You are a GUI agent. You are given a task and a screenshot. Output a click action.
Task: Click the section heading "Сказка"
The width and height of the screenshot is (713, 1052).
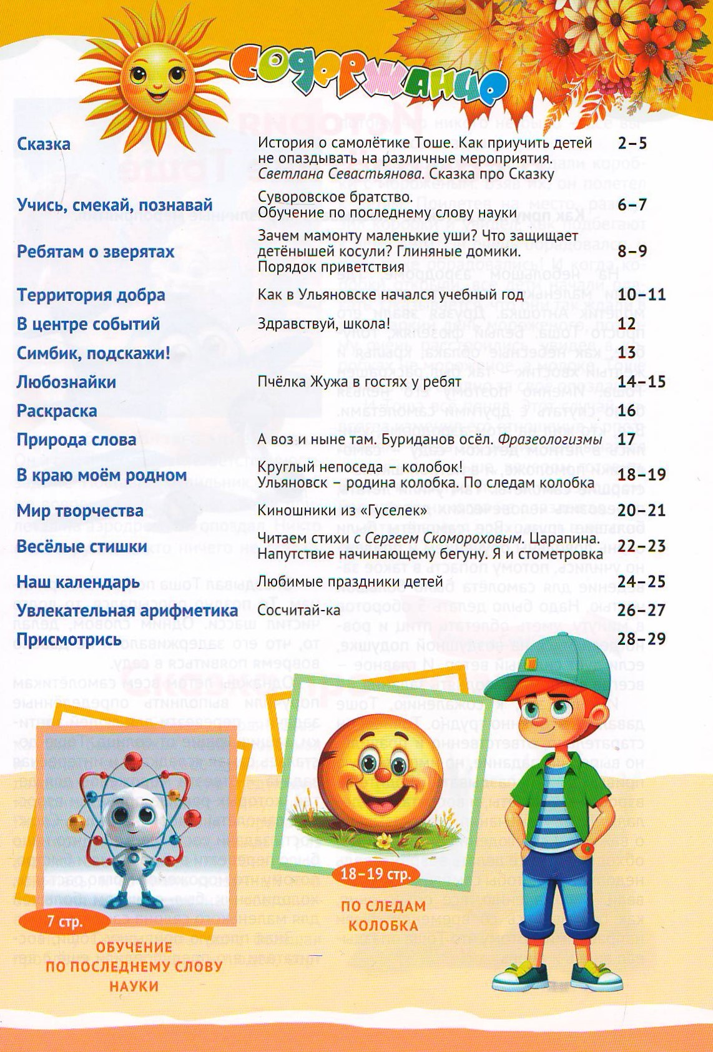tap(44, 144)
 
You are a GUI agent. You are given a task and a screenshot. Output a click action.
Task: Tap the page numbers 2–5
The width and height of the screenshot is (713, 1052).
tap(632, 144)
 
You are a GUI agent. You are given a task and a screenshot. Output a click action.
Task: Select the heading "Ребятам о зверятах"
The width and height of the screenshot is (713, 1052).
tap(96, 252)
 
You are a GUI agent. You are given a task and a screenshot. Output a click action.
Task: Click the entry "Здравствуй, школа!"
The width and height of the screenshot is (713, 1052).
tap(323, 323)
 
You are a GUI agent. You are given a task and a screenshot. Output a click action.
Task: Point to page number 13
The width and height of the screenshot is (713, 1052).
tap(626, 353)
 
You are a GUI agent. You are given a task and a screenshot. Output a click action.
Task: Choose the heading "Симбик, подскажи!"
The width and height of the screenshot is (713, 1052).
tap(93, 353)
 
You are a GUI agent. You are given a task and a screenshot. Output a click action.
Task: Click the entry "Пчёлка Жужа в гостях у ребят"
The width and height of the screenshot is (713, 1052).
tap(359, 381)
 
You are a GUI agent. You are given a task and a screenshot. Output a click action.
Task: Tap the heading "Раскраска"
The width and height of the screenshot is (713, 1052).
tap(57, 411)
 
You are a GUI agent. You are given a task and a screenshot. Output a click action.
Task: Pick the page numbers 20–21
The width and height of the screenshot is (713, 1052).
tap(641, 511)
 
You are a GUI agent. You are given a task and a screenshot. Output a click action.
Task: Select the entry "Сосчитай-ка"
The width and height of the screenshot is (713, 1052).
tap(299, 610)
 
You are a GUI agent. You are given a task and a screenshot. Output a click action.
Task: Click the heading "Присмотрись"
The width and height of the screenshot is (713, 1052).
tap(69, 639)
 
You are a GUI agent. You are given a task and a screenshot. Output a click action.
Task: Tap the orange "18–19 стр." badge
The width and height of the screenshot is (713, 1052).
tap(375, 873)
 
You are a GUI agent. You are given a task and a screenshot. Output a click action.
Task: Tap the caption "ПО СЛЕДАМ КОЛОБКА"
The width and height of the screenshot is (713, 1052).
tap(383, 915)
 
